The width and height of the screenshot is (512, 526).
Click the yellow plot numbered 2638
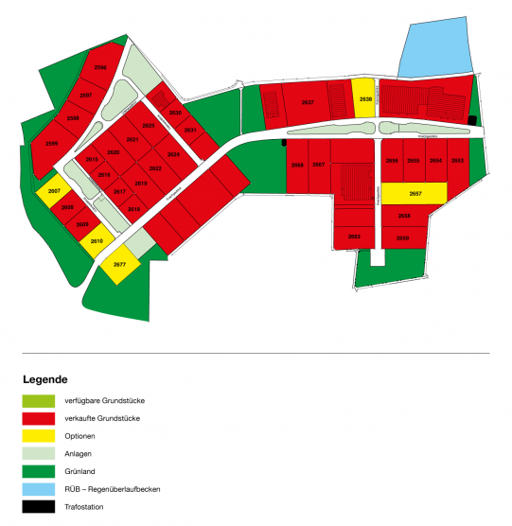[364, 96]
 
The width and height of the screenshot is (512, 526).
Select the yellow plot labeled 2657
[415, 193]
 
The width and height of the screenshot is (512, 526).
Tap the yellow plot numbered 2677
[120, 264]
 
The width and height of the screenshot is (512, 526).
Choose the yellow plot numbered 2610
[96, 240]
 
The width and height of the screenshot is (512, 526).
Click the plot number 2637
[307, 102]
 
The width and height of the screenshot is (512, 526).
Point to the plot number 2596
[100, 68]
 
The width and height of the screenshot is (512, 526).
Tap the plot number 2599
[51, 143]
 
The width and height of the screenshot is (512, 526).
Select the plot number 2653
[457, 161]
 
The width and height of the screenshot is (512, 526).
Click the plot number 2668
[297, 165]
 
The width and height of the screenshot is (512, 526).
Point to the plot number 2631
[190, 130]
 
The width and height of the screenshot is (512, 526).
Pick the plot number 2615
[93, 160]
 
